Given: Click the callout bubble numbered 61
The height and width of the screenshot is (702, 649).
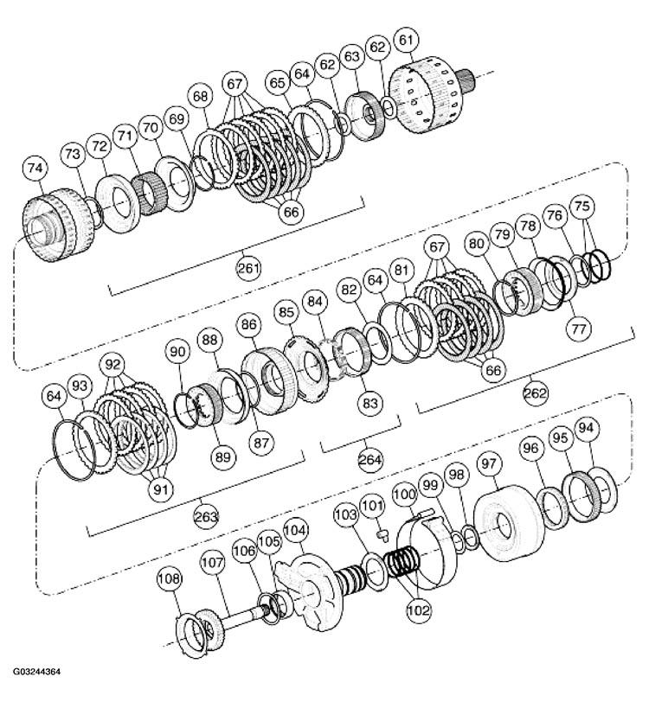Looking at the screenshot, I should click(x=405, y=40).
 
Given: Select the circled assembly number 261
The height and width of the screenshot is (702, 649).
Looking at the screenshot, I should click(x=248, y=268).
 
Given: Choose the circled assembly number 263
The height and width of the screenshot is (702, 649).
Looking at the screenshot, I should click(x=206, y=516).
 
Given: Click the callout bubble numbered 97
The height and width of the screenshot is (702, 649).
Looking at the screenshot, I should click(x=491, y=464).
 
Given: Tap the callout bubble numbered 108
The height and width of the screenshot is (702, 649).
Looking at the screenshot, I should click(x=169, y=578).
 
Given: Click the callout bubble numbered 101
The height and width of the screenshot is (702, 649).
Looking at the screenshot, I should click(x=371, y=505).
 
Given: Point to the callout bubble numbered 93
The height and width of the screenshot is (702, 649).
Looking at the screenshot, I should click(x=80, y=384).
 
